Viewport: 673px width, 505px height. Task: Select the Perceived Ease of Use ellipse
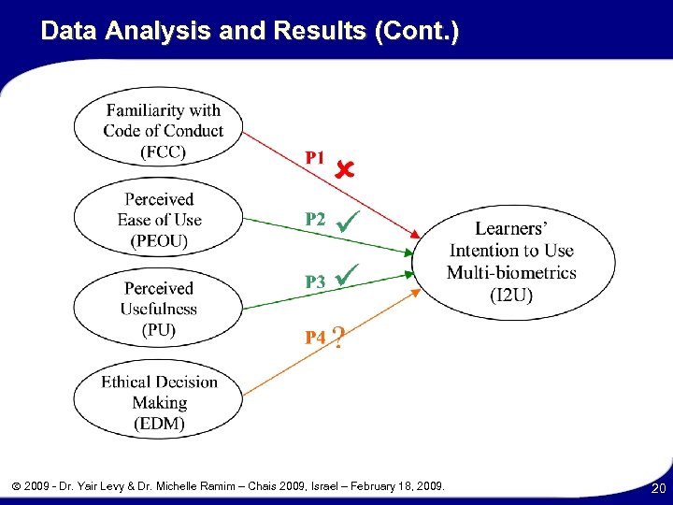[x=159, y=220]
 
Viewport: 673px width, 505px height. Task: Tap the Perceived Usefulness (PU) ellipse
[x=159, y=309]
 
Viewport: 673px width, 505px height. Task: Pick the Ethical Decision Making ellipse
[x=159, y=402]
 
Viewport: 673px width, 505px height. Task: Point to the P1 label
[x=316, y=158]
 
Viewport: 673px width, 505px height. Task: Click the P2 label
[x=316, y=219]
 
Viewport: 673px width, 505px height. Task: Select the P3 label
[x=316, y=281]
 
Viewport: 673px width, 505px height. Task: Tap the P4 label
[x=316, y=338]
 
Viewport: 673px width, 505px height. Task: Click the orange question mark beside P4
[x=338, y=338]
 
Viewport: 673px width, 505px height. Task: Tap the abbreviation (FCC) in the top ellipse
[x=163, y=151]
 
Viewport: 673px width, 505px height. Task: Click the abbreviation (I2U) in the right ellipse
[x=511, y=295]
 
